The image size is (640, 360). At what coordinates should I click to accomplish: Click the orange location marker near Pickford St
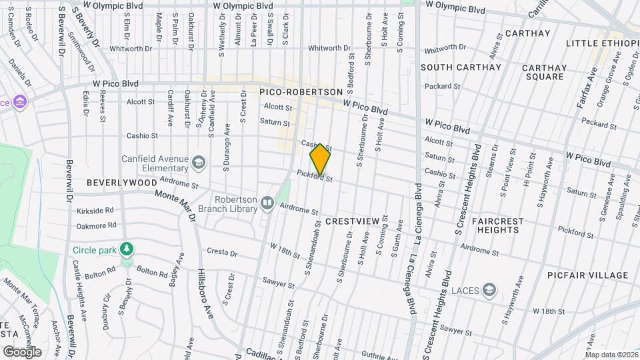pyautogui.click(x=321, y=159)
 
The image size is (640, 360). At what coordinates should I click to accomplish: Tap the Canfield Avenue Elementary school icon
pyautogui.click(x=198, y=162)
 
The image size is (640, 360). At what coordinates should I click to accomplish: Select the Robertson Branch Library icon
pyautogui.click(x=267, y=201)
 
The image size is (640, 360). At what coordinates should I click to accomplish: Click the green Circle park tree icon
pyautogui.click(x=126, y=249)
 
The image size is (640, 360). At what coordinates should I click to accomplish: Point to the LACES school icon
pyautogui.click(x=490, y=289)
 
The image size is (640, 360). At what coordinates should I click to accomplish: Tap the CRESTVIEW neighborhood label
pyautogui.click(x=352, y=221)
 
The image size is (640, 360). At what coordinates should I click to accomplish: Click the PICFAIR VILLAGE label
pyautogui.click(x=587, y=275)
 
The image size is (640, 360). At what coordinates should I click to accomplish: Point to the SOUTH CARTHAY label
pyautogui.click(x=461, y=67)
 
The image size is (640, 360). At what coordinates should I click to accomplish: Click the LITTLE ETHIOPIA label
pyautogui.click(x=602, y=43)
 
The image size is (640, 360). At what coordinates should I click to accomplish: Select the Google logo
pyautogui.click(x=22, y=351)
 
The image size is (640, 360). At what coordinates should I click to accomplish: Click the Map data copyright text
pyautogui.click(x=611, y=354)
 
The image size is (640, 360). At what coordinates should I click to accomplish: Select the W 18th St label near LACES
pyautogui.click(x=549, y=311)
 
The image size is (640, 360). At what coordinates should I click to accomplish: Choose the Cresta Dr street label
pyautogui.click(x=222, y=253)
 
